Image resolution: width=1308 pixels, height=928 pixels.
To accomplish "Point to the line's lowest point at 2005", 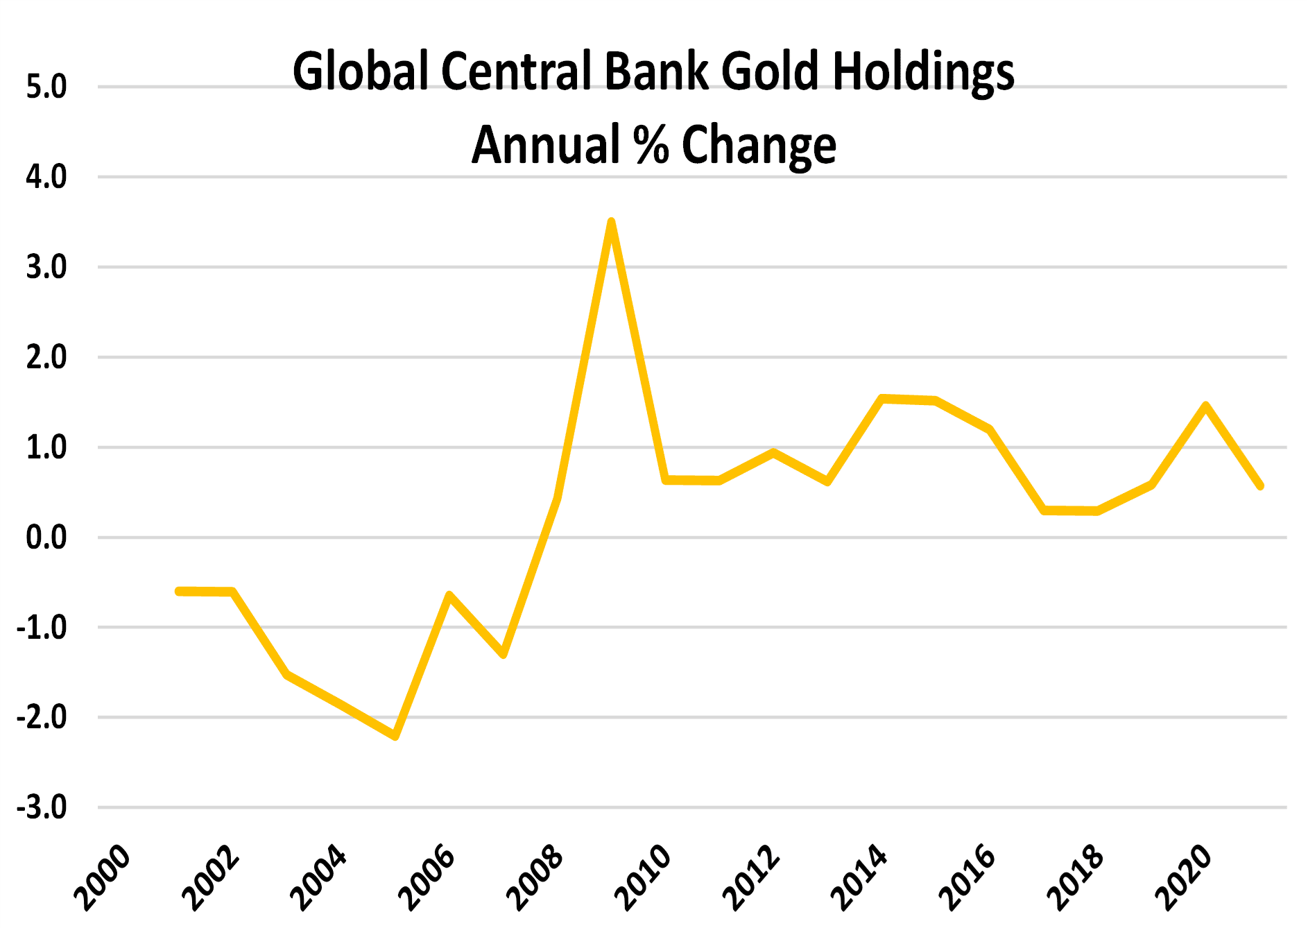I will click(x=395, y=736).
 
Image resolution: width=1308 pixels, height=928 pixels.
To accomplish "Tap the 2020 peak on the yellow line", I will click(x=1206, y=405).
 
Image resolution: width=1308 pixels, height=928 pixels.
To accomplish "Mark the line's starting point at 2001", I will click(x=179, y=591).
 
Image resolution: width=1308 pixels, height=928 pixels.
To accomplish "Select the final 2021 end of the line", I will click(x=1259, y=486).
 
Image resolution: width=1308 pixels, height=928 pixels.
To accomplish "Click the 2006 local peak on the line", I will click(x=449, y=595).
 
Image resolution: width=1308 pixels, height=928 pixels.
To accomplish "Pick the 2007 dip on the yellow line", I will click(x=504, y=654).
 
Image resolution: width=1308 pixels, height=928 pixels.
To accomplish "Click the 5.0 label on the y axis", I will click(x=46, y=87).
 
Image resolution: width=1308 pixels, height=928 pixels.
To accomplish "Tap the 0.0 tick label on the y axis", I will click(x=46, y=538).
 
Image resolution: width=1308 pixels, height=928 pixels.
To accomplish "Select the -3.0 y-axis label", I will click(x=42, y=807).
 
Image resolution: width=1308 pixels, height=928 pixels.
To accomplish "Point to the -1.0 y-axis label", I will click(x=42, y=628).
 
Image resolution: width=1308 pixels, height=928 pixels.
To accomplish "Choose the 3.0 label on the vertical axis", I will click(x=46, y=267).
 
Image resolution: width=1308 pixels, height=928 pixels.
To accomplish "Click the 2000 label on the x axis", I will click(x=103, y=877).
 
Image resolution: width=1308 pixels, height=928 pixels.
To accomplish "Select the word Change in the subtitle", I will click(x=759, y=146).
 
